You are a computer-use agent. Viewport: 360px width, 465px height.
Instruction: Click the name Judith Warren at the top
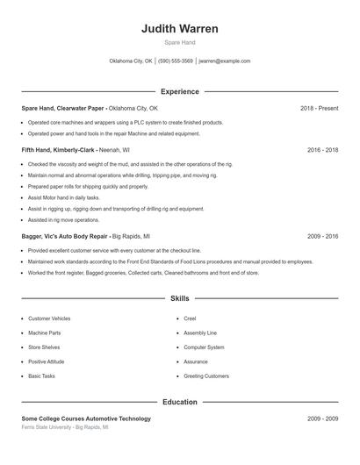(x=180, y=28)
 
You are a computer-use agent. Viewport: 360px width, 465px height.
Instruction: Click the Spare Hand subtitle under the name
(x=180, y=42)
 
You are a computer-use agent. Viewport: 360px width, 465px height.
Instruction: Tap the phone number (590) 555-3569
(x=176, y=61)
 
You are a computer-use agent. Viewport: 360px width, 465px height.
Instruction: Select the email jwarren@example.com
(x=225, y=61)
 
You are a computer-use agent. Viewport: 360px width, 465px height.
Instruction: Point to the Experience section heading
(x=180, y=91)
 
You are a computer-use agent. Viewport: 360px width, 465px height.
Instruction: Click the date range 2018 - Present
(x=319, y=108)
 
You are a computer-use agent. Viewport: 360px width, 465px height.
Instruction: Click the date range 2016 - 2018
(x=322, y=150)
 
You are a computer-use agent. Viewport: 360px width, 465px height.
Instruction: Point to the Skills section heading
(x=180, y=298)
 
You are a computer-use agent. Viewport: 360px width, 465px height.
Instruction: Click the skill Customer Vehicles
(x=49, y=318)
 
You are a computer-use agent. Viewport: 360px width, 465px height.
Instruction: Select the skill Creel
(x=189, y=318)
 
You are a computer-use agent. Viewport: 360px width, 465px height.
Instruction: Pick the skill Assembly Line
(x=199, y=333)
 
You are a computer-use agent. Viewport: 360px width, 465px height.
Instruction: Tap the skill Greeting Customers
(x=205, y=376)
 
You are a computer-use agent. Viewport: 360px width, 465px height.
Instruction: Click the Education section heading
(x=180, y=402)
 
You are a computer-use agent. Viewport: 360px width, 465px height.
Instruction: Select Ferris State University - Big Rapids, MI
(x=65, y=427)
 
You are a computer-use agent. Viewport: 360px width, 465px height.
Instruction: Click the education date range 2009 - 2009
(x=322, y=418)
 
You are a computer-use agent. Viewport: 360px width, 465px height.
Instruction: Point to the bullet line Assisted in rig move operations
(x=62, y=219)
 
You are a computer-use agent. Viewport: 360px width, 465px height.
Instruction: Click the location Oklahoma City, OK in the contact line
(x=131, y=61)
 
